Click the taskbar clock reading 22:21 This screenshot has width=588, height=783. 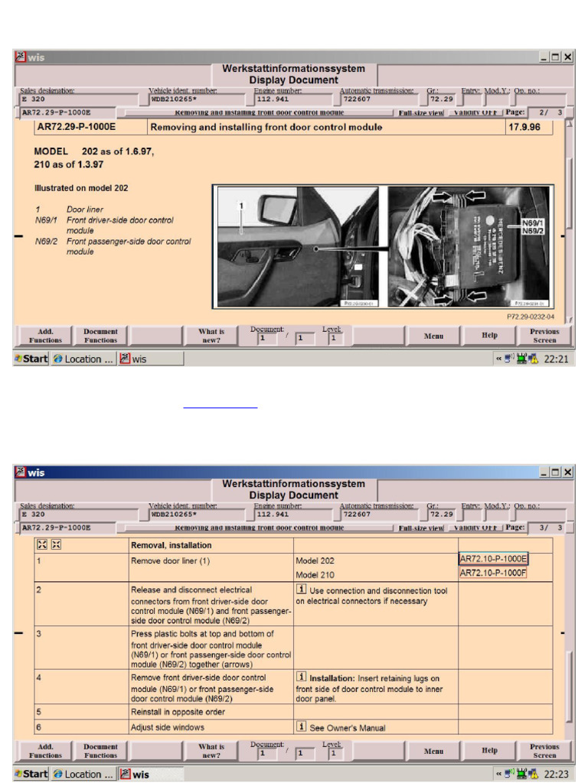[555, 359]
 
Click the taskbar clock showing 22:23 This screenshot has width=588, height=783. [555, 774]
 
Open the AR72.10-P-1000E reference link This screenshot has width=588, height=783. [493, 559]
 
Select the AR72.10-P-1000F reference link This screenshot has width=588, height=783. [493, 573]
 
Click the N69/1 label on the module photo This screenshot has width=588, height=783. [531, 223]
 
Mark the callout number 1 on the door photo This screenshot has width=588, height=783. [241, 206]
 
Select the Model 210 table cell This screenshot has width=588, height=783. [315, 575]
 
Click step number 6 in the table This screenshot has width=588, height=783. [38, 726]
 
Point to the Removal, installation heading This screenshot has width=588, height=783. [171, 546]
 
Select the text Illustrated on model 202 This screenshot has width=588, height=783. [81, 187]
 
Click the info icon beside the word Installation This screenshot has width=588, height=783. [302, 677]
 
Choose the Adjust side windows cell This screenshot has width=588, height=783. [168, 727]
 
